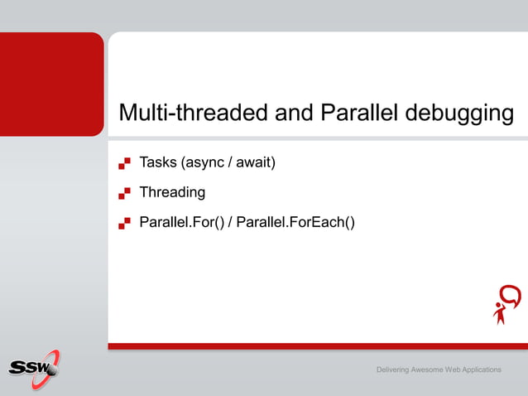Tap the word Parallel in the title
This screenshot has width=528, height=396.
(358, 113)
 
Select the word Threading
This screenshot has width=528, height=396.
(172, 192)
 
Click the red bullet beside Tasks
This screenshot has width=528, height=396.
(124, 163)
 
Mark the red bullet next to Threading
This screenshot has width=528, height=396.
(124, 193)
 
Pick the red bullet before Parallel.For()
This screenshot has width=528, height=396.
(124, 223)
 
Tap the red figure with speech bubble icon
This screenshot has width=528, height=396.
(506, 304)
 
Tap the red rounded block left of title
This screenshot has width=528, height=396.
(51, 84)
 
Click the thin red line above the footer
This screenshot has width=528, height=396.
(317, 345)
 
